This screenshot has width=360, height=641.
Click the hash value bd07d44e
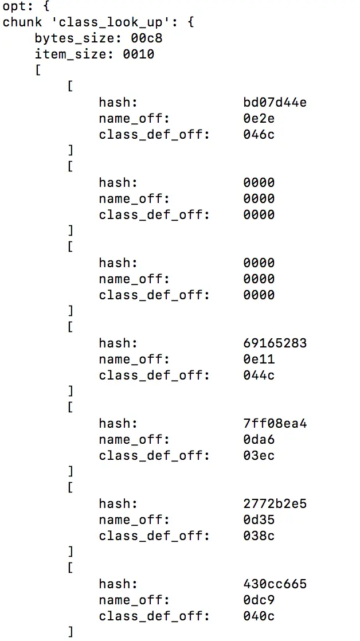point(275,103)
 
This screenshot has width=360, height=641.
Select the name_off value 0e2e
point(259,119)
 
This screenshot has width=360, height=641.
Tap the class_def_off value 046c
point(259,135)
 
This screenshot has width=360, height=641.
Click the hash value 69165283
point(275,343)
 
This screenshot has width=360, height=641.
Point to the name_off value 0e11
point(259,359)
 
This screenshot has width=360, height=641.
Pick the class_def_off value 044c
point(259,376)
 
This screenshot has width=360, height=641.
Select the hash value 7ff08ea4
point(275,424)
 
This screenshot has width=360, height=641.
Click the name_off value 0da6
point(259,440)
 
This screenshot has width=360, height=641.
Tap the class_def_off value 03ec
point(259,456)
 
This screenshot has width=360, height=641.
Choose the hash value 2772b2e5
point(275,504)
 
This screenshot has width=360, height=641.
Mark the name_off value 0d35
point(259,520)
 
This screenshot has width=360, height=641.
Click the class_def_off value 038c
point(259,536)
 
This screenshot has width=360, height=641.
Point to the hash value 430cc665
point(275,584)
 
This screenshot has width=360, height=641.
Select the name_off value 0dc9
point(259,600)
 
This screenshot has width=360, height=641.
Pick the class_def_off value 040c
point(259,616)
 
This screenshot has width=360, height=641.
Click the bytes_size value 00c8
point(138,38)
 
